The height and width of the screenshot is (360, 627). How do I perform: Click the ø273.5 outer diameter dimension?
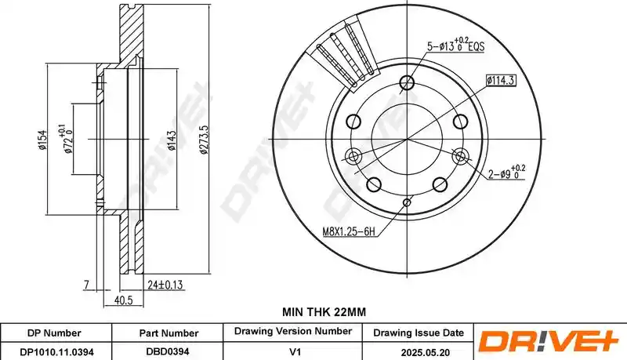tap(204, 140)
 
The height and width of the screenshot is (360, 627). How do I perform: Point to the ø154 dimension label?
tap(42, 140)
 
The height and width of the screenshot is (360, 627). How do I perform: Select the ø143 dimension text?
tap(172, 140)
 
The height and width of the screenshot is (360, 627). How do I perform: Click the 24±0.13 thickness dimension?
tap(165, 285)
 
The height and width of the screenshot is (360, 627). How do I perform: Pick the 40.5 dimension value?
tap(123, 300)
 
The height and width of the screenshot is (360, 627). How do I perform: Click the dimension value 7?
tap(86, 285)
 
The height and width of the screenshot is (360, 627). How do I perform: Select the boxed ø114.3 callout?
tap(501, 81)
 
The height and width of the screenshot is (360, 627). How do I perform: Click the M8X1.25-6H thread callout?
tap(349, 231)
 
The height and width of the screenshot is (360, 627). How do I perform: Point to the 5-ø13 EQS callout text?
tap(455, 45)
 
